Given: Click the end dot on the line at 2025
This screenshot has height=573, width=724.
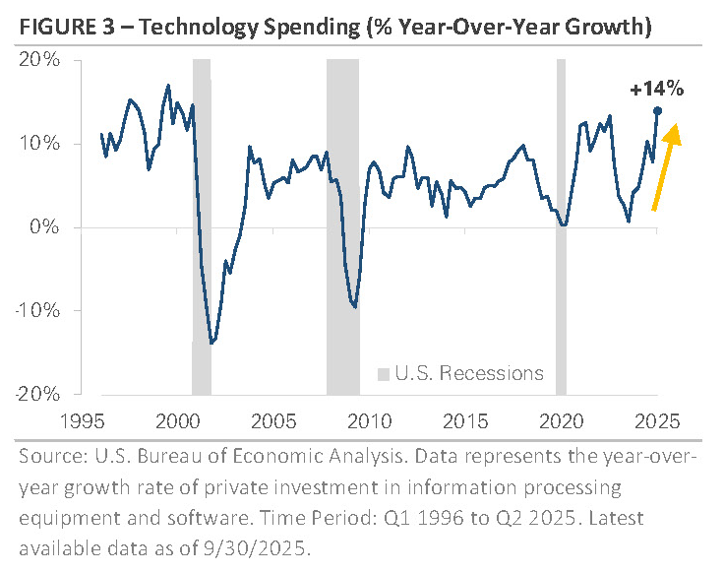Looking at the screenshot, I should pyautogui.click(x=657, y=110).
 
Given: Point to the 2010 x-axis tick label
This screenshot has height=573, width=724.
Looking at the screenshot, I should pyautogui.click(x=370, y=421).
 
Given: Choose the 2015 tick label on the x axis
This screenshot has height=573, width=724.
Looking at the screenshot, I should pyautogui.click(x=465, y=421).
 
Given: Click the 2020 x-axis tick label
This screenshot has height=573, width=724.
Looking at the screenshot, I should pyautogui.click(x=561, y=421).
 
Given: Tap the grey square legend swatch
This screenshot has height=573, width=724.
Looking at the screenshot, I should pyautogui.click(x=385, y=374).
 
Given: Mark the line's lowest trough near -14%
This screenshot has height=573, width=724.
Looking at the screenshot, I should pyautogui.click(x=211, y=343).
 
